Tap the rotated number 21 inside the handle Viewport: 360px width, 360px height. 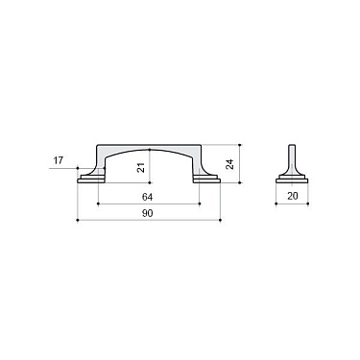(x=141, y=167)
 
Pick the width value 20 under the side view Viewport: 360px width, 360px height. (x=293, y=195)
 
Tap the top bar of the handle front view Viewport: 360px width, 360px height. (x=150, y=148)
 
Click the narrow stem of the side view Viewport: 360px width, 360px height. (x=293, y=158)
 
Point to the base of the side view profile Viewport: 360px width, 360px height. (x=293, y=179)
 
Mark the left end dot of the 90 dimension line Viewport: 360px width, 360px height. (x=77, y=222)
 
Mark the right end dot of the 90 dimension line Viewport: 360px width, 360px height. (x=222, y=222)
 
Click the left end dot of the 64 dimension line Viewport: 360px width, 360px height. (x=98, y=203)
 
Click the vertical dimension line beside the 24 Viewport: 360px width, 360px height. (x=239, y=163)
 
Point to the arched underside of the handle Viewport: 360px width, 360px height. (x=150, y=153)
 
